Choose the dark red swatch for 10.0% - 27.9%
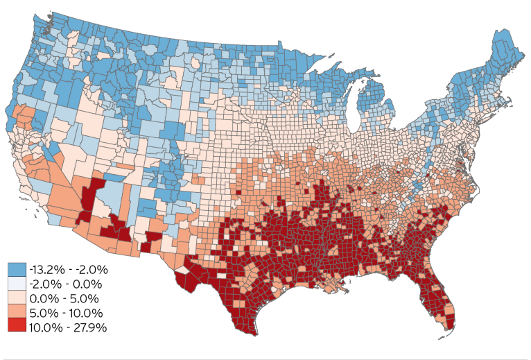pyautogui.click(x=17, y=327)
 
